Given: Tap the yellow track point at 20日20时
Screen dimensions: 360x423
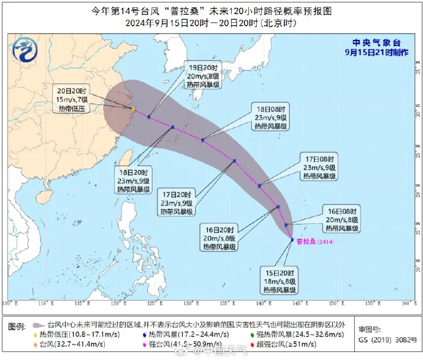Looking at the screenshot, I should click(x=133, y=110).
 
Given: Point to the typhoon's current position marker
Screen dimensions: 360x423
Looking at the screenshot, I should click(x=291, y=240).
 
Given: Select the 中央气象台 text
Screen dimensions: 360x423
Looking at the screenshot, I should click(x=377, y=42).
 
